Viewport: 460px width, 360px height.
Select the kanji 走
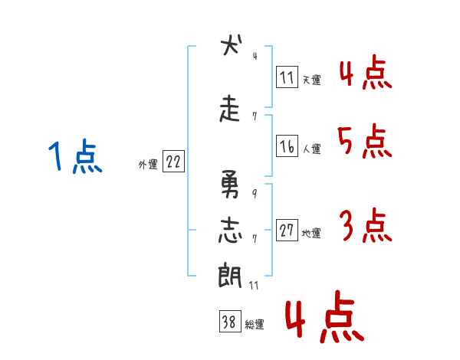coord(230,109)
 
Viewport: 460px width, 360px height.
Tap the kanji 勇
coord(230,184)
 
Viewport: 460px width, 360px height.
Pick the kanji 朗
coord(230,275)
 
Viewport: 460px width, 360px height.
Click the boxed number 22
coord(173,161)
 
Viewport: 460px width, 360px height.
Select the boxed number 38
coord(230,321)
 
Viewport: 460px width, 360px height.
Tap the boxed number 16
coord(287,146)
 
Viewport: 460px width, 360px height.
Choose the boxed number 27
coord(287,230)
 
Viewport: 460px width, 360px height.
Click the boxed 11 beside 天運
coord(287,77)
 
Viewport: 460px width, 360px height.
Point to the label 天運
coord(312,80)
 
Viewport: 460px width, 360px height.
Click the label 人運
coord(312,149)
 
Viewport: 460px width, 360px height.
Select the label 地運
coord(311,234)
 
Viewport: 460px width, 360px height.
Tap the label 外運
coord(148,165)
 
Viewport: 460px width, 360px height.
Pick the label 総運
coord(255,325)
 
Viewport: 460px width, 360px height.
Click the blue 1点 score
coord(75,156)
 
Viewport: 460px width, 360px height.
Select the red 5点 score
coord(365,141)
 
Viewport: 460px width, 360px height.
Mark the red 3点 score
coord(366,225)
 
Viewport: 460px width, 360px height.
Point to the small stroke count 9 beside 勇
coord(255,194)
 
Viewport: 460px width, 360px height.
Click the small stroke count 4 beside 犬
coord(255,56)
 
